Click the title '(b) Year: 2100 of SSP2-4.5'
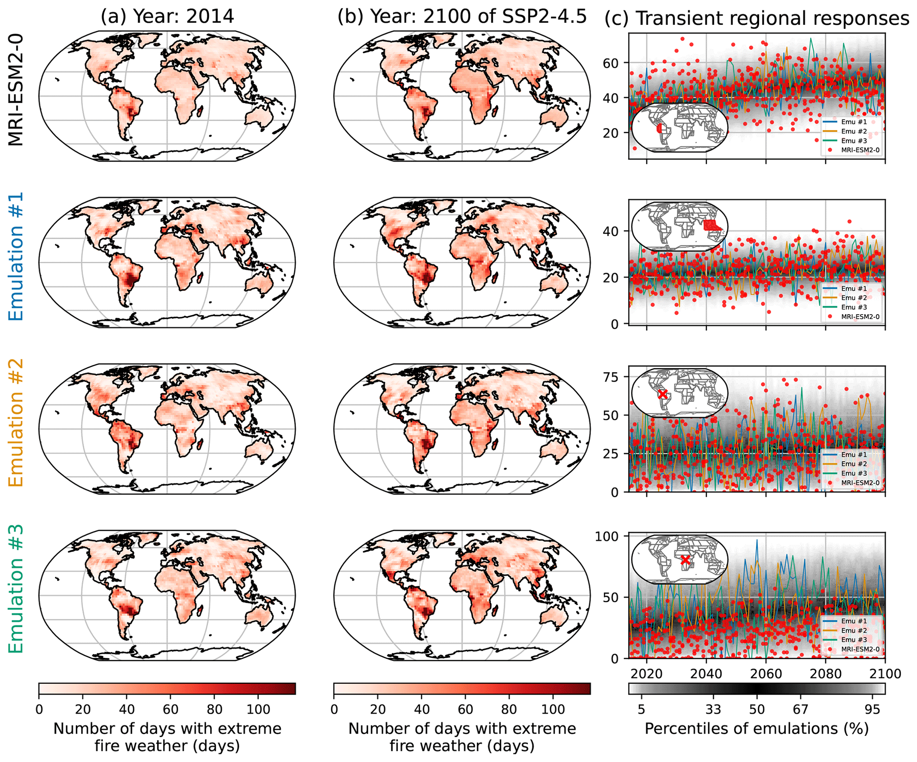[x=462, y=17]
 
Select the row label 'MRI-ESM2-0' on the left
[x=16, y=91]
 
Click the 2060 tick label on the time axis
[x=766, y=674]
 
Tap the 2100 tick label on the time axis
[x=885, y=674]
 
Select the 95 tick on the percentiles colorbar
[x=872, y=709]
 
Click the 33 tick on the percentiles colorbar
[x=713, y=709]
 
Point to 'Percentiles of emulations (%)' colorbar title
[x=756, y=729]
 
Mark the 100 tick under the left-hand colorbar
[x=259, y=709]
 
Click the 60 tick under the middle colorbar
[x=465, y=709]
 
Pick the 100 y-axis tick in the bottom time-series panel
[x=606, y=536]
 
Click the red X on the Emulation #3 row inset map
[x=685, y=560]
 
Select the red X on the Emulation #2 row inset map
[x=662, y=394]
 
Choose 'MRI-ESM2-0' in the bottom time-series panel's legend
[x=860, y=649]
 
